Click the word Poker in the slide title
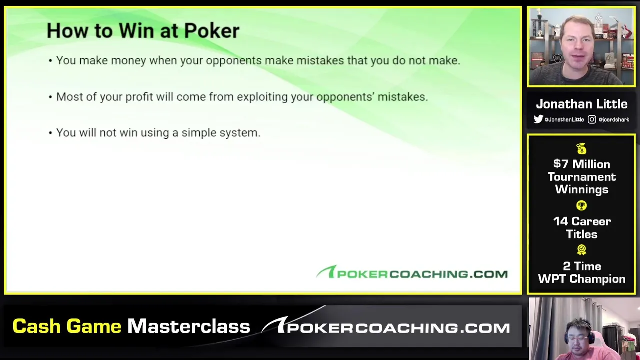211,31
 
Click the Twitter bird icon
538,119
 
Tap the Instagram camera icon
592,119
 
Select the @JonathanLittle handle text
564,119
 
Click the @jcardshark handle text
614,119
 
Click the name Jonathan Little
581,104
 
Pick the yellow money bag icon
581,149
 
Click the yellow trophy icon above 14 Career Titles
581,205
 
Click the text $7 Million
581,164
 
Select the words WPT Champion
581,279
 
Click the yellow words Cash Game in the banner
67,326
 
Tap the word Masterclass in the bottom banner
189,326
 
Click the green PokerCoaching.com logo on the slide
412,272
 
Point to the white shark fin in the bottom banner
274,324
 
